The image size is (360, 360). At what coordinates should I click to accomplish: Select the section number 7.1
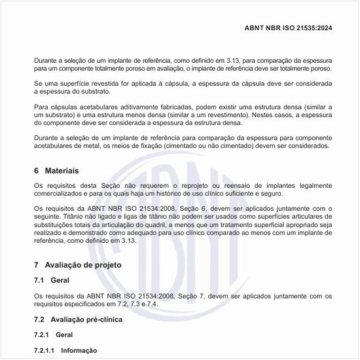[40, 280]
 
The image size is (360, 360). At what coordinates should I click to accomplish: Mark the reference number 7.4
[152, 305]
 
